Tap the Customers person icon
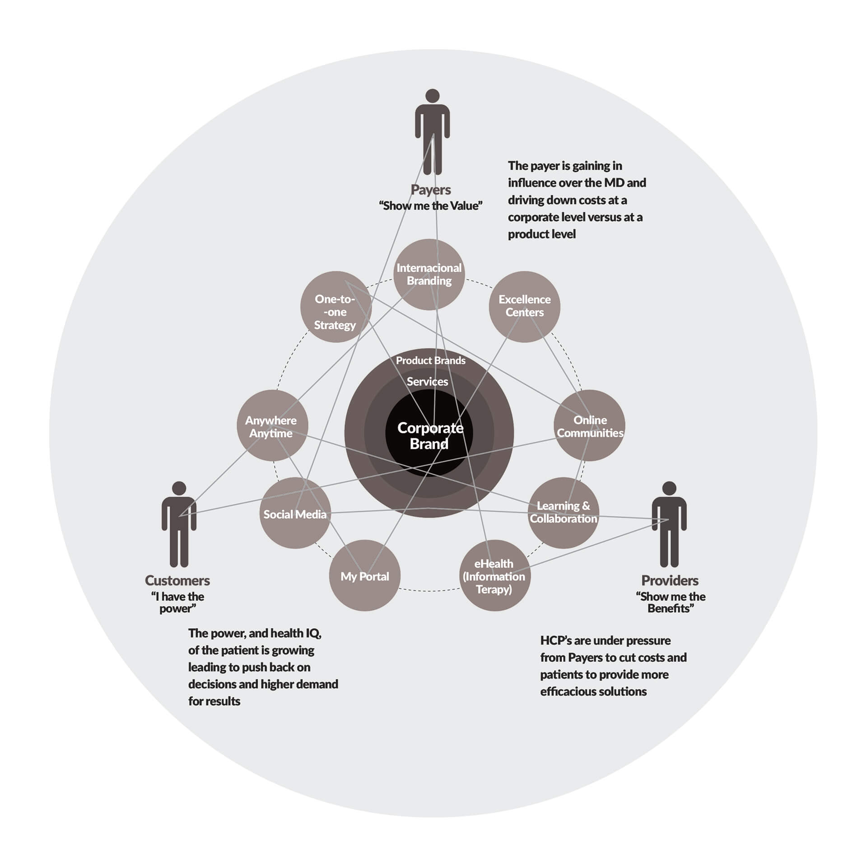click(x=179, y=524)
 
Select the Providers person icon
click(x=669, y=524)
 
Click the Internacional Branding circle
click(x=429, y=274)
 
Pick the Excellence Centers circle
click(x=524, y=306)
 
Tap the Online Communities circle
click(x=589, y=425)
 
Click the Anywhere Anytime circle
click(x=272, y=425)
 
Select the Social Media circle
click(x=295, y=513)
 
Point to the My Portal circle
click(x=364, y=575)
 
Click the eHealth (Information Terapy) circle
click(x=494, y=575)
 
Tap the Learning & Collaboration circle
click(x=563, y=513)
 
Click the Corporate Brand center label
click(x=429, y=435)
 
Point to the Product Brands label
click(x=430, y=360)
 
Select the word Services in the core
click(x=427, y=382)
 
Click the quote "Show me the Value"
click(x=430, y=206)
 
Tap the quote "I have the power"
click(x=177, y=602)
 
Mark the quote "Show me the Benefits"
click(x=671, y=602)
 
